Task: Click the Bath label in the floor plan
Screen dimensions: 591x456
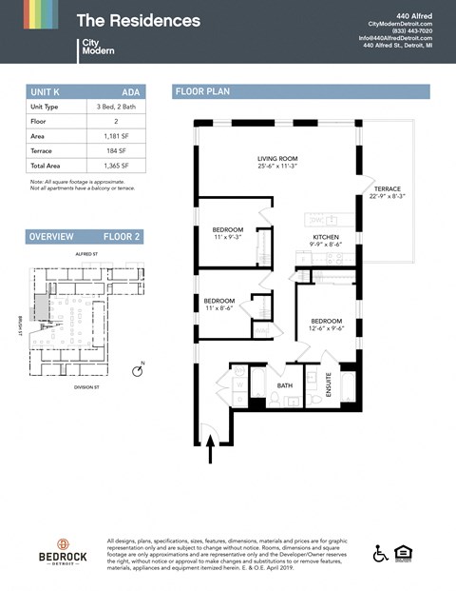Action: click(x=285, y=385)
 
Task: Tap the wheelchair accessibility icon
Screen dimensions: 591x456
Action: click(x=380, y=553)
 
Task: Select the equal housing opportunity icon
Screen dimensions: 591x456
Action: click(x=406, y=553)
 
